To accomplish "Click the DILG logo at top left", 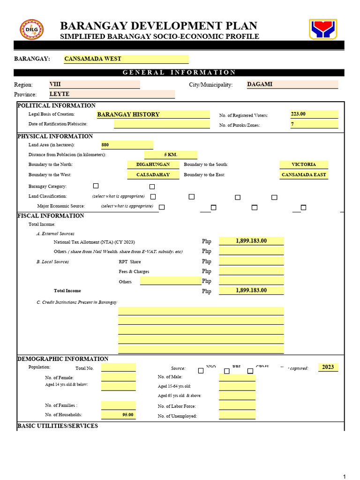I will (31, 29).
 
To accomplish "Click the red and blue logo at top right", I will (322, 29).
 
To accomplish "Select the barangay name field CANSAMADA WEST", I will (126, 59).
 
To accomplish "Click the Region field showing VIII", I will (94, 84).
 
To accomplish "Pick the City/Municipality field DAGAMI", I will (292, 84).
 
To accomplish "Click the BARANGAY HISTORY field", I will (152, 114).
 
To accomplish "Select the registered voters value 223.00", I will (314, 114).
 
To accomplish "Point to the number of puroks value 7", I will (314, 124).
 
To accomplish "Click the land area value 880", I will (127, 145).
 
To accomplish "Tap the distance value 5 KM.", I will (171, 155).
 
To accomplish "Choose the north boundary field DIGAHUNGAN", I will (152, 165).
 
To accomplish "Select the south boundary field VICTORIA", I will (304, 165).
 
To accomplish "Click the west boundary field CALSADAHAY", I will (152, 174).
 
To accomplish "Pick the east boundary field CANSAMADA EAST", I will (304, 174).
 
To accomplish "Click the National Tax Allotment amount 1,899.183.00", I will (251, 241).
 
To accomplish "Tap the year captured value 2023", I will (328, 367).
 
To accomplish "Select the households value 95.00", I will (118, 415).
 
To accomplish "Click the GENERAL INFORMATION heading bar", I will (179, 73).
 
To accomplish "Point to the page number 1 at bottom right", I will (345, 476).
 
